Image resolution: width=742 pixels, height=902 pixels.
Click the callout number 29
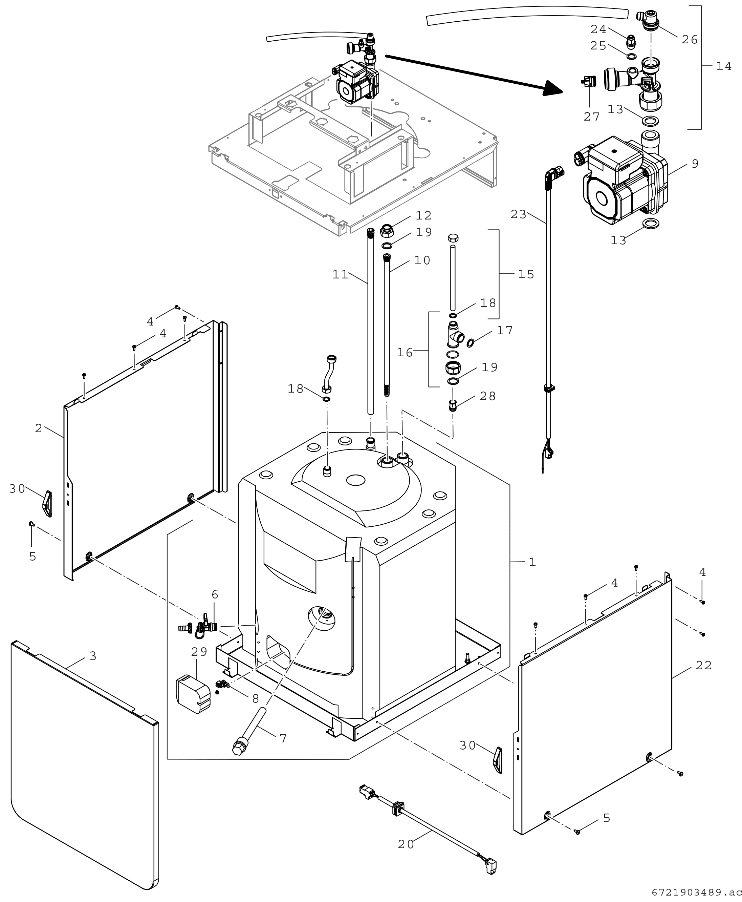[199, 652]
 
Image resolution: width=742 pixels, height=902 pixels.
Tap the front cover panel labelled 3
[81, 770]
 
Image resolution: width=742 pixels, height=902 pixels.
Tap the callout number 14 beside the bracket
[724, 66]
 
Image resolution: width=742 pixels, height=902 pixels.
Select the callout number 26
[690, 39]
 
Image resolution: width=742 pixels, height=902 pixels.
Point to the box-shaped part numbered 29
[193, 694]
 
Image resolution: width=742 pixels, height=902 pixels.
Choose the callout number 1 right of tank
[532, 562]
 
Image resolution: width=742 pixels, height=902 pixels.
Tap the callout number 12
[423, 215]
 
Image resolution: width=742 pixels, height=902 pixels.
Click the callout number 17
[505, 330]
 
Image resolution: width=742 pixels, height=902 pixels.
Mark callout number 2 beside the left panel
[39, 428]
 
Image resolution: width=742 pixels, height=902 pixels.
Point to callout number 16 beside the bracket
[405, 352]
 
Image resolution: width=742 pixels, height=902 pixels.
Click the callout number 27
[592, 116]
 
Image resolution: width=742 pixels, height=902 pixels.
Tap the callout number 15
[526, 274]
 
